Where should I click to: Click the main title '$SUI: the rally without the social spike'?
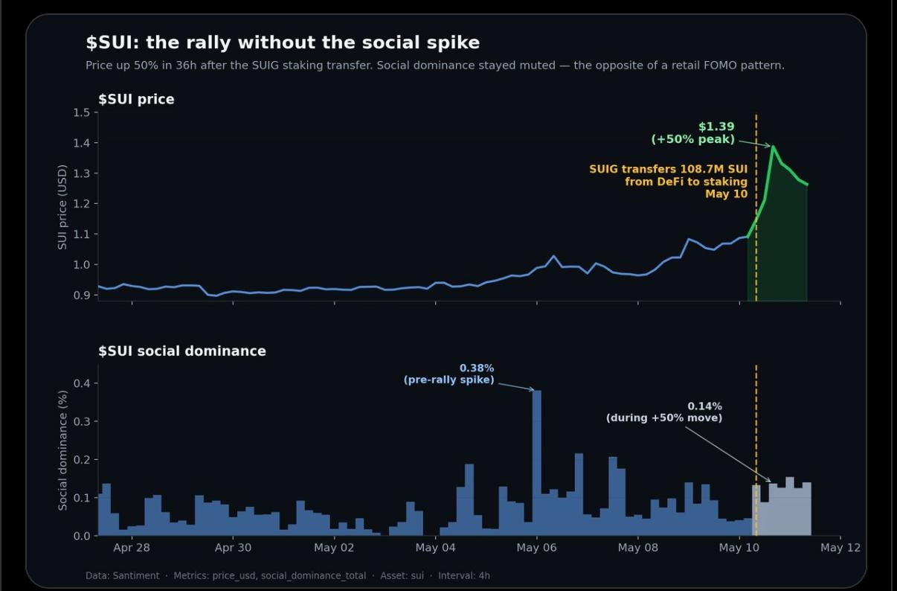283,42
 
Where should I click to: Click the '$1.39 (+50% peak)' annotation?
693,132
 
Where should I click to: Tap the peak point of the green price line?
773,146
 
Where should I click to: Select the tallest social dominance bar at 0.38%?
537,463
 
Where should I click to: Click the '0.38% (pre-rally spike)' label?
449,374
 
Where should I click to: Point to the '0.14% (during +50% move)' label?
664,412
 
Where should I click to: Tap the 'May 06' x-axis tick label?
536,548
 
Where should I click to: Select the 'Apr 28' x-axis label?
132,548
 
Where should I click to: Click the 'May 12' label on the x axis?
840,548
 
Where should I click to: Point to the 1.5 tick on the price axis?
81,112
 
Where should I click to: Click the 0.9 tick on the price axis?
81,295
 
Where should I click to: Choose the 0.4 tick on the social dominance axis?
81,383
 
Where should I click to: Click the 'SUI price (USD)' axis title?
62,207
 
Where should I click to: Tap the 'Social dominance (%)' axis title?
62,450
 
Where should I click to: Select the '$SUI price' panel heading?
136,99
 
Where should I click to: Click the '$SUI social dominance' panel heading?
182,351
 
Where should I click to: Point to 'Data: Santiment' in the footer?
123,576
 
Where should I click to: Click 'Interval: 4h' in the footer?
464,576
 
